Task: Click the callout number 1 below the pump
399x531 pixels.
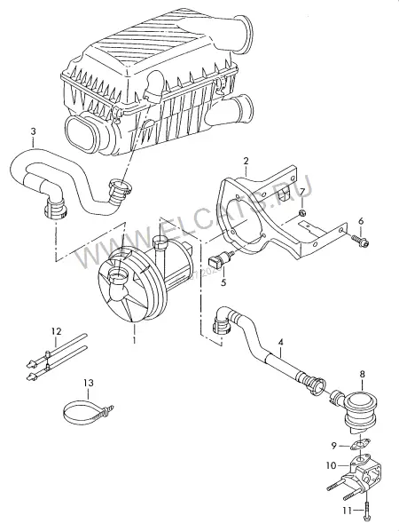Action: pyautogui.click(x=134, y=340)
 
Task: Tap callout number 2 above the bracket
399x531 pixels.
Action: pyautogui.click(x=246, y=161)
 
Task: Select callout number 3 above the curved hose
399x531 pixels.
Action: pyautogui.click(x=33, y=131)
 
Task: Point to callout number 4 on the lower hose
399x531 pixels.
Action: pyautogui.click(x=280, y=343)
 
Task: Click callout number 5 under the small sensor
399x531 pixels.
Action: pyautogui.click(x=223, y=281)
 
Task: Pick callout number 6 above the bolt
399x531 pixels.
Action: pyautogui.click(x=361, y=221)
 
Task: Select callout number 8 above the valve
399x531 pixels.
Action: pyautogui.click(x=362, y=374)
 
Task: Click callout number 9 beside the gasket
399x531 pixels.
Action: pyautogui.click(x=334, y=446)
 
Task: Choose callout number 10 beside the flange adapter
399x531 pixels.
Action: pyautogui.click(x=332, y=465)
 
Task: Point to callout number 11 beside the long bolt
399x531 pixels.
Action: pyautogui.click(x=348, y=510)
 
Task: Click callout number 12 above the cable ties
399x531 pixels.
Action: pyautogui.click(x=57, y=330)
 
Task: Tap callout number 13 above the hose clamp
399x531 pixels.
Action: pyautogui.click(x=89, y=383)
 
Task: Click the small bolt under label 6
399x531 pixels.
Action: pyautogui.click(x=360, y=240)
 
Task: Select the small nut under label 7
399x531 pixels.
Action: pyautogui.click(x=303, y=213)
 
